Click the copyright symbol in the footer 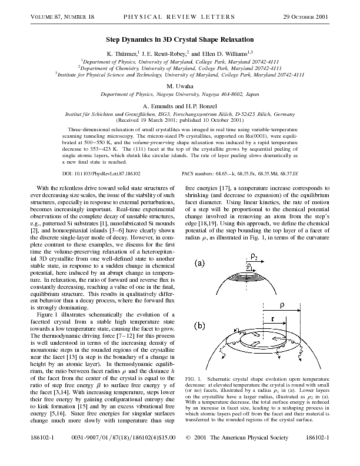click(188, 454)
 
